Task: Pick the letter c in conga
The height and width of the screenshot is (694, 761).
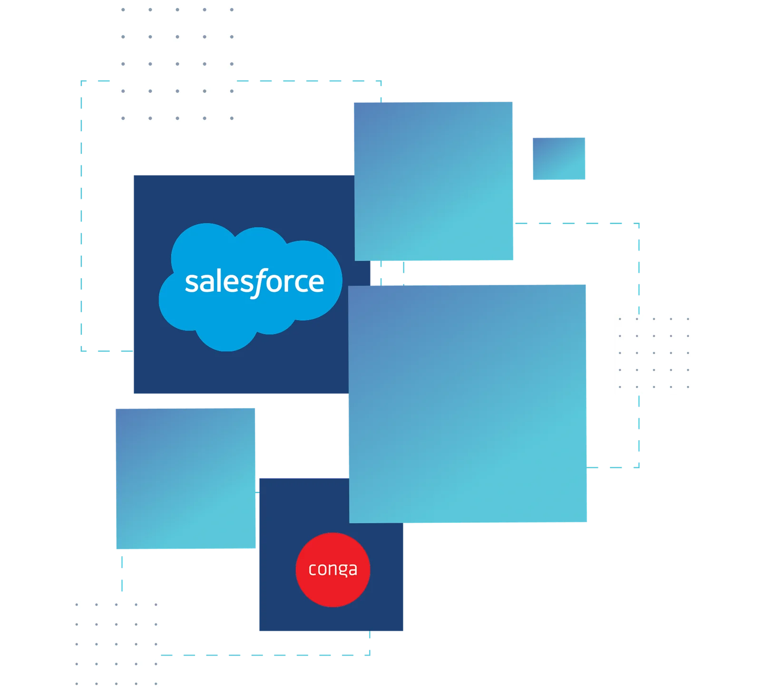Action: tap(312, 569)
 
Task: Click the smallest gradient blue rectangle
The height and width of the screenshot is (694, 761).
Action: tap(559, 159)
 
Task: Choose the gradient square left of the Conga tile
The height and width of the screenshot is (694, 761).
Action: tap(186, 479)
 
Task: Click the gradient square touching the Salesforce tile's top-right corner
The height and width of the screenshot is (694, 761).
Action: tap(434, 180)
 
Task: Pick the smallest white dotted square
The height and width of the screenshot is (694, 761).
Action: tap(652, 353)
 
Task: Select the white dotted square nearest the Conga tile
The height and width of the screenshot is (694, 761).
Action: tap(116, 644)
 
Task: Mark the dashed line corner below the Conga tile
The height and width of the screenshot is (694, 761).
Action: tap(370, 654)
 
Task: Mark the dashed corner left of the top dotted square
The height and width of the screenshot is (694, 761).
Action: tap(80, 84)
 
